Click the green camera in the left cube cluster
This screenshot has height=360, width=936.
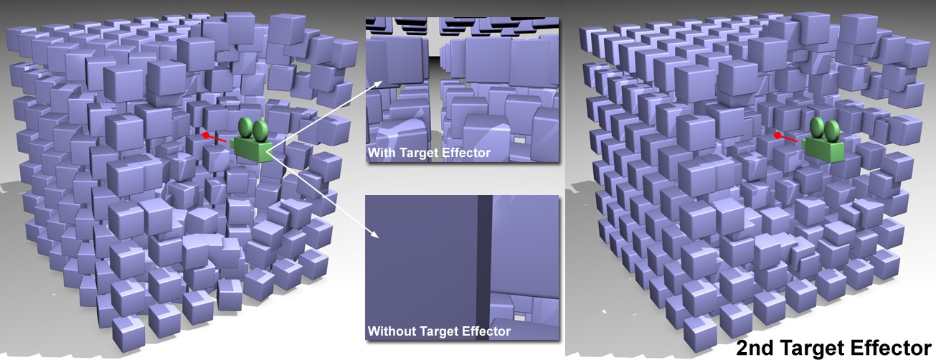[251, 141]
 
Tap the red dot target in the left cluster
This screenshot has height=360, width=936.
[206, 136]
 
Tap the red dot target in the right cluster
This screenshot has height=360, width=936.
[777, 136]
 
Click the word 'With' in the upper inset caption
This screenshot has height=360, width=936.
[382, 153]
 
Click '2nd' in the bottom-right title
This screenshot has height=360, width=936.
[755, 348]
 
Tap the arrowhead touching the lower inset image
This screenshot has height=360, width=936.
[374, 234]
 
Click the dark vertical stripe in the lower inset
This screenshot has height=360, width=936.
[484, 267]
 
